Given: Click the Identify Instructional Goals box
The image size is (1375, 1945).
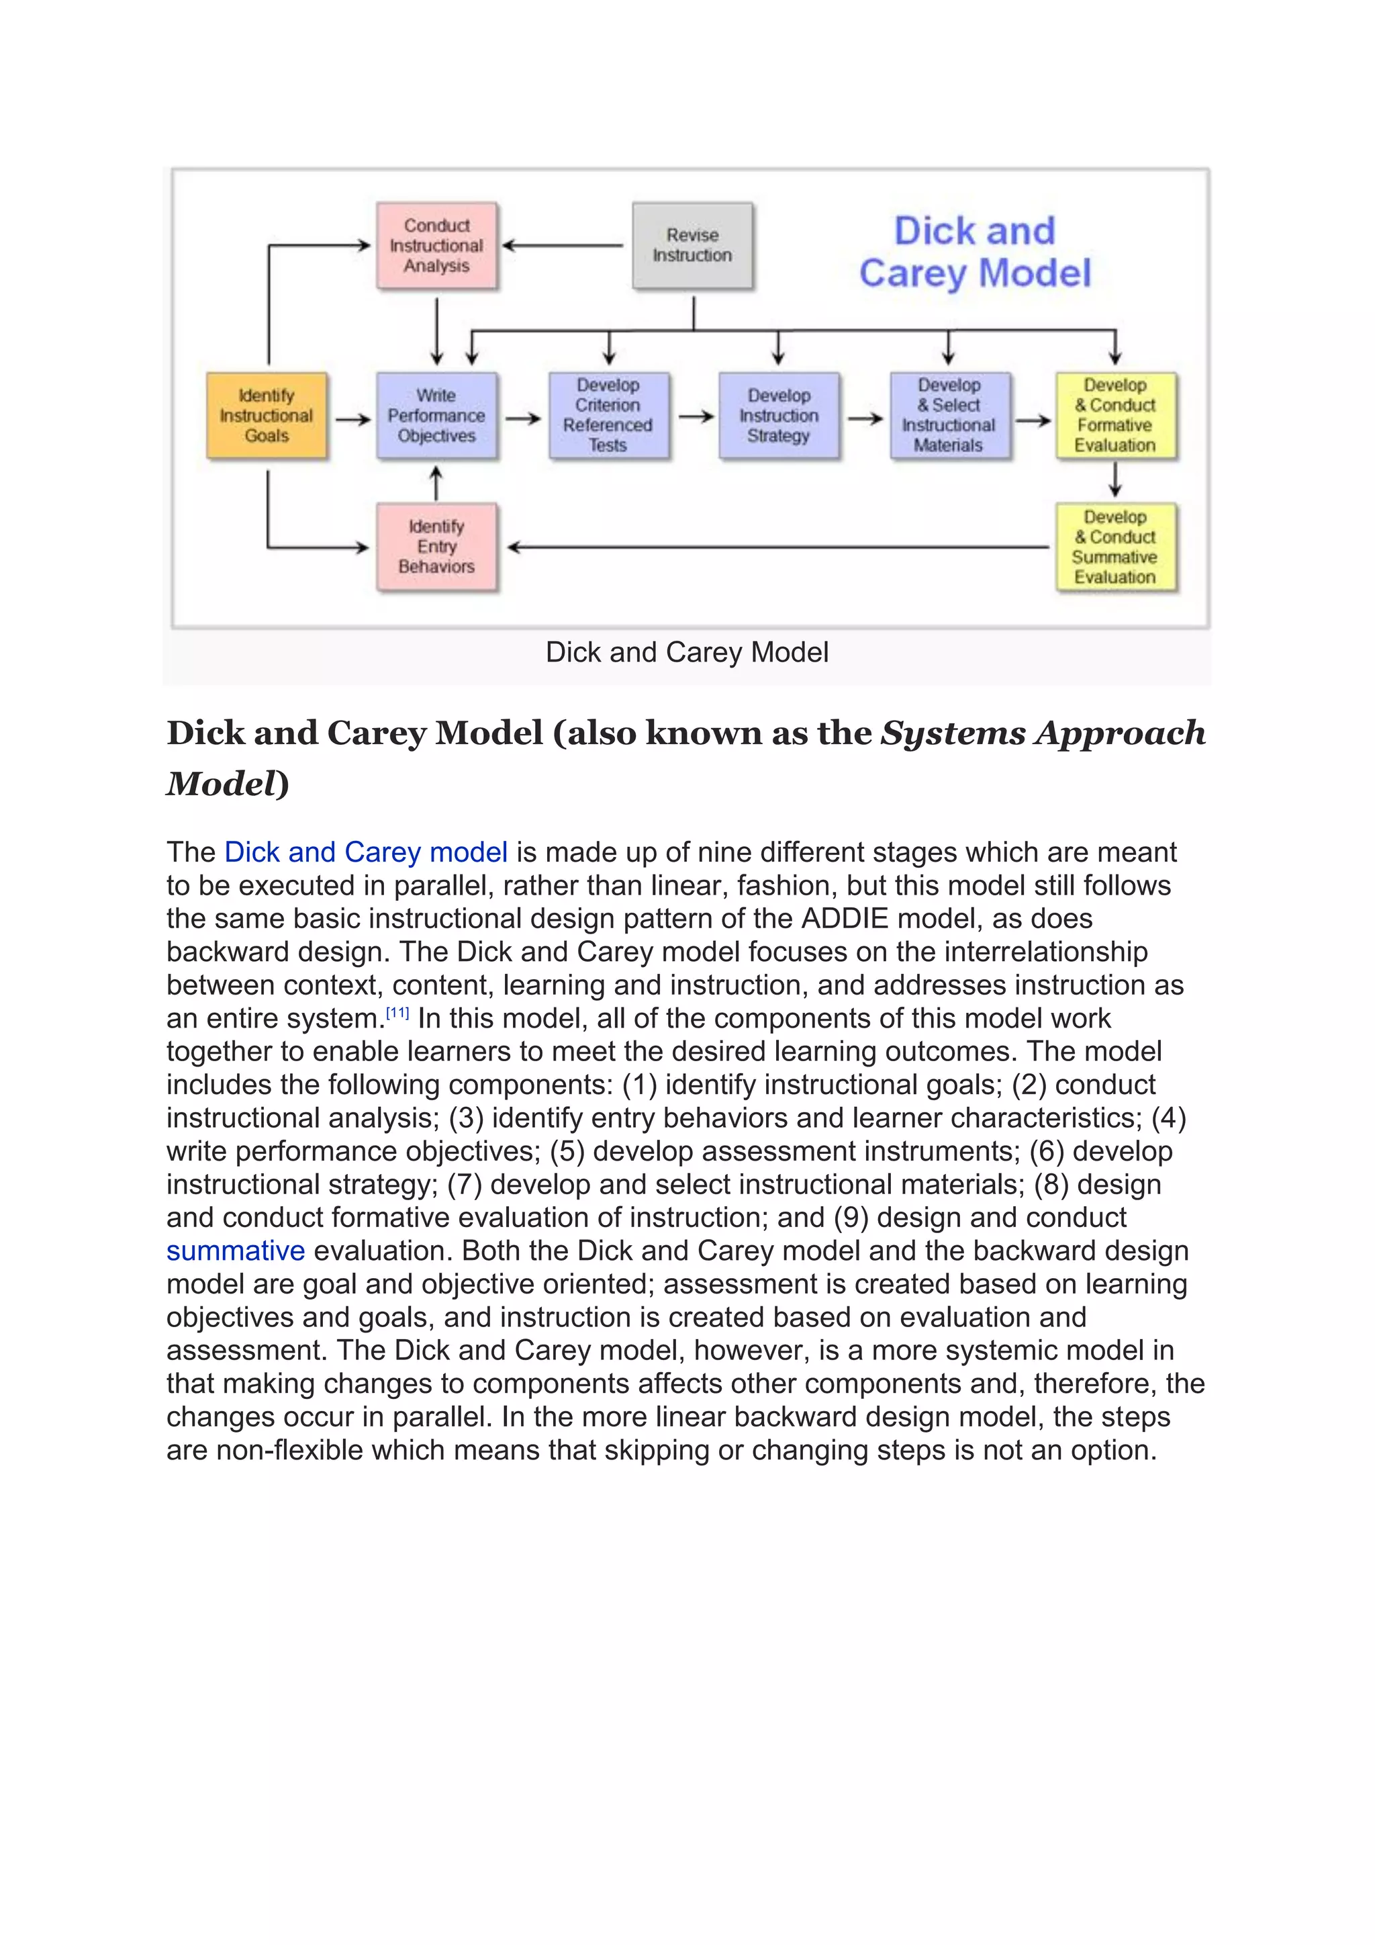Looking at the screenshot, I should [267, 416].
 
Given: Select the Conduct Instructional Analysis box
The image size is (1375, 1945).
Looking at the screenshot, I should [437, 246].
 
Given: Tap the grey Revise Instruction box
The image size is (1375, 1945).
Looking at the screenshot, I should [693, 246].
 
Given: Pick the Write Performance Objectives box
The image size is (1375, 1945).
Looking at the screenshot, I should [437, 416].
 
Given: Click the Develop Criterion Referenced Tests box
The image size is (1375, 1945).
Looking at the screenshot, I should [608, 416].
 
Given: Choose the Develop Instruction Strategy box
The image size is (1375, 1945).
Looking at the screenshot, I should [779, 416].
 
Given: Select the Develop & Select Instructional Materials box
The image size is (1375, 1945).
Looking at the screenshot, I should [949, 416].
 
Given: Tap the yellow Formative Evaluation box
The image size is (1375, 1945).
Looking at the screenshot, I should [1115, 416].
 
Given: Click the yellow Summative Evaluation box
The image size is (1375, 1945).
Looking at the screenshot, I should [1115, 547].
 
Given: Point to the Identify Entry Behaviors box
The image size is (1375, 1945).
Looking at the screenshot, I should [437, 547].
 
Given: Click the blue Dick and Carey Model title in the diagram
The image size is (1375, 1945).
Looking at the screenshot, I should [975, 253].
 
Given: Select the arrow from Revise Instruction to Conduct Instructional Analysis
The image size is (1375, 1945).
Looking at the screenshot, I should [563, 246].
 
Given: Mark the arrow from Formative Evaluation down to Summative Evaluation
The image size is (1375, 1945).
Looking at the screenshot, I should [1115, 480].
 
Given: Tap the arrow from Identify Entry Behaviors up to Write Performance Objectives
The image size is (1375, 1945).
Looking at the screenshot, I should [437, 483].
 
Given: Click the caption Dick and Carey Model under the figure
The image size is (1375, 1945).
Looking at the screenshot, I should [687, 652].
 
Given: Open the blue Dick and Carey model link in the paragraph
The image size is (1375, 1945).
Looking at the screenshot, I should [366, 852].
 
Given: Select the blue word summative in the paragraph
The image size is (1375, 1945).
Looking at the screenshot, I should [236, 1251].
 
